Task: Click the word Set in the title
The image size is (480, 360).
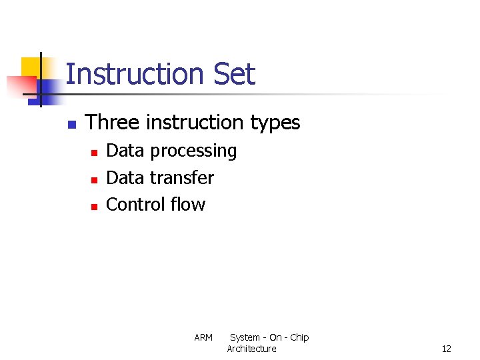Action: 234,74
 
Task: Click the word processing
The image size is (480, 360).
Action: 193,151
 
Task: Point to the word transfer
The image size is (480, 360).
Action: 182,178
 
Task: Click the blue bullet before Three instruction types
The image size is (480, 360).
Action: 72,124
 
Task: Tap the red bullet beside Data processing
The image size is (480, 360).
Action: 94,153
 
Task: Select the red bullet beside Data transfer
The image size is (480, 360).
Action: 94,179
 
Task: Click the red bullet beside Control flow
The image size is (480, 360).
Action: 94,206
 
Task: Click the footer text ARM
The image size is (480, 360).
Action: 203,338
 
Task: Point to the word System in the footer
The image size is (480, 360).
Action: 245,338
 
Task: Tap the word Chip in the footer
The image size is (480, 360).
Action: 299,338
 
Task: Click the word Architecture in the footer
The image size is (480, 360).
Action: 251,349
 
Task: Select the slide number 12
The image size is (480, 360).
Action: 446,349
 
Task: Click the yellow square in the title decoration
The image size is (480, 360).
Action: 31,67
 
